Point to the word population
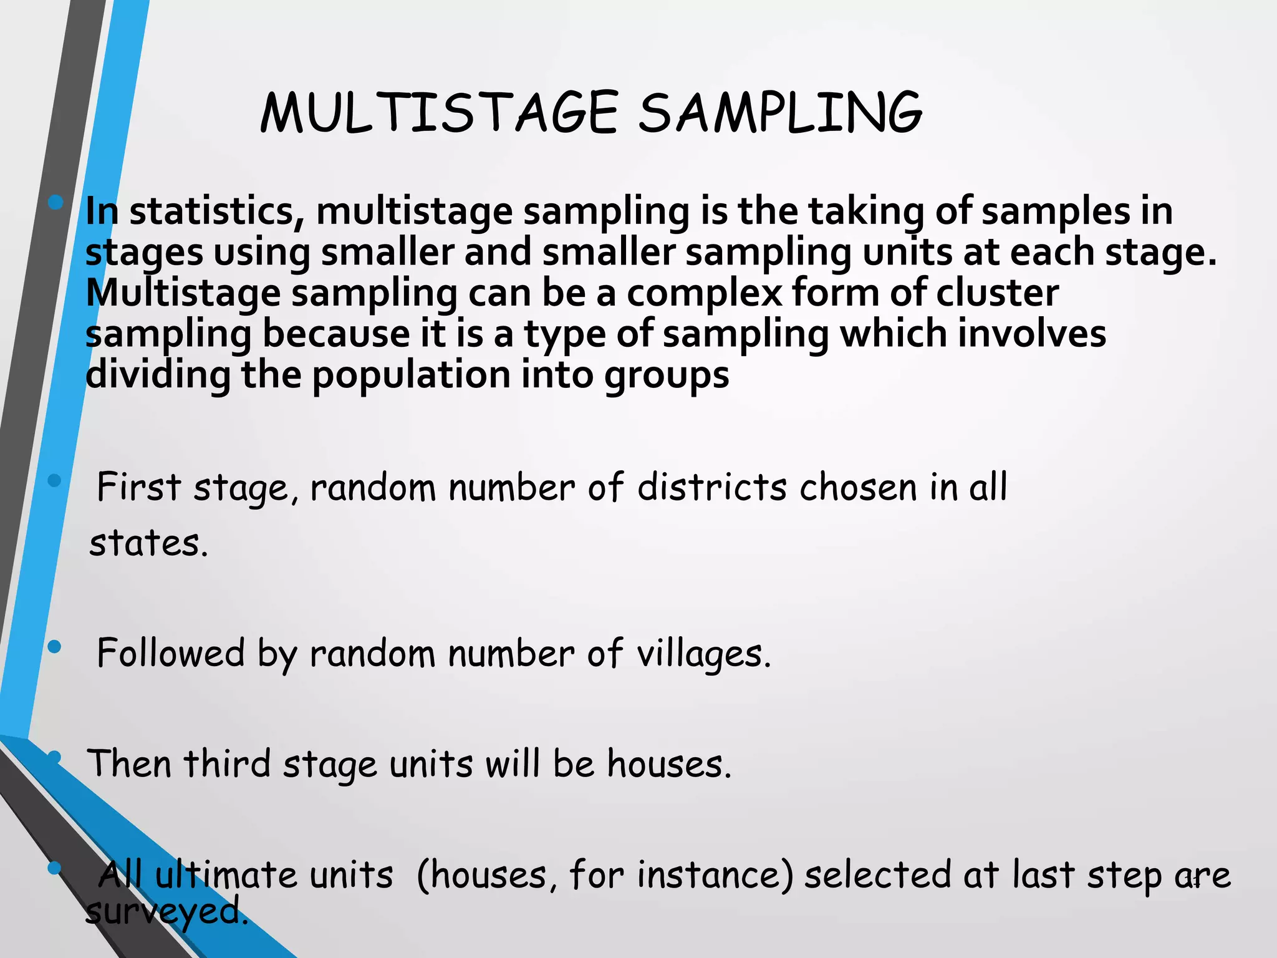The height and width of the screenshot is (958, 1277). point(412,375)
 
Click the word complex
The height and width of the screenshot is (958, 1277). point(704,294)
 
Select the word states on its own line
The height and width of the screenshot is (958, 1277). point(148,543)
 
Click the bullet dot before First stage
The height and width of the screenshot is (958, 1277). point(54,480)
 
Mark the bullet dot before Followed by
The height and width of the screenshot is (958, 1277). point(54,647)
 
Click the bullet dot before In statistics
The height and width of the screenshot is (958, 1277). point(55,201)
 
